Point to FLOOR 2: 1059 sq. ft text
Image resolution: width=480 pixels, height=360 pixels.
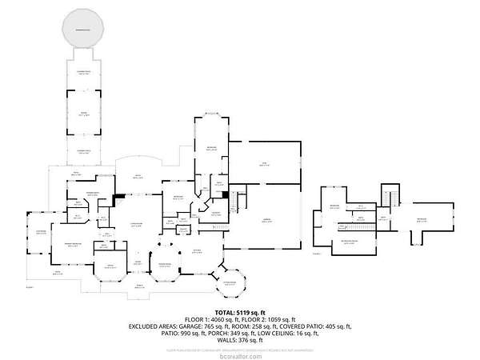coord(272,319)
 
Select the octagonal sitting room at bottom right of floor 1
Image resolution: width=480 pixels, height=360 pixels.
coord(230,282)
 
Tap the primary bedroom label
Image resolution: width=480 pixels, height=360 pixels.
coord(72,246)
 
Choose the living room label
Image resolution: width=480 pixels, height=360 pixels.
coord(137,226)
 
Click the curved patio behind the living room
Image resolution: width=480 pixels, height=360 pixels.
coord(137,175)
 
